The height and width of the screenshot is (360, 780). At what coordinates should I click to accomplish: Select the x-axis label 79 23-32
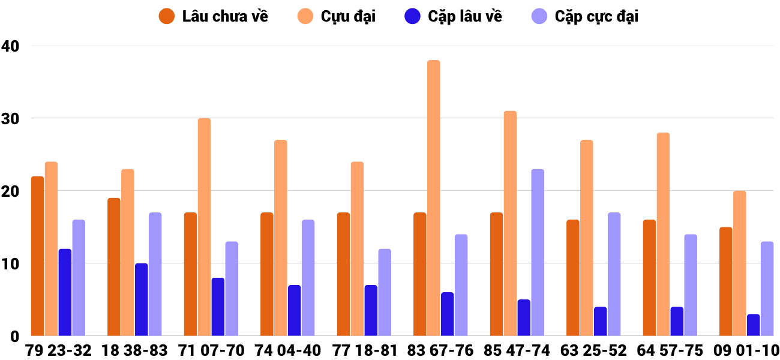coord(58,350)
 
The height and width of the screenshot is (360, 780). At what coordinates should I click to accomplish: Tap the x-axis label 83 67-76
coord(440,350)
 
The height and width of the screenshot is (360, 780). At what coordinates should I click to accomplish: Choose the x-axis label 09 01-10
coord(747,350)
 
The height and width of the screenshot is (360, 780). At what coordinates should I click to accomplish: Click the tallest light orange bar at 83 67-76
coord(434,198)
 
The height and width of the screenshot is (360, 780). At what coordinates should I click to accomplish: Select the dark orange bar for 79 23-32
coord(38,256)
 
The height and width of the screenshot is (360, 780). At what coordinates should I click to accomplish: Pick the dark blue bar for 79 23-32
coord(65,292)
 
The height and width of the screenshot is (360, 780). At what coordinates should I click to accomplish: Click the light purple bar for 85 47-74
coord(538,253)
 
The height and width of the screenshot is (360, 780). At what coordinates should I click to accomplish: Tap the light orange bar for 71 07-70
coord(204,227)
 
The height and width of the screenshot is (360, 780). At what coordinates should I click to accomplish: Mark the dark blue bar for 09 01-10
coord(754,325)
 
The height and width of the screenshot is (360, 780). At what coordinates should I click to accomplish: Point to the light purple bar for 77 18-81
coord(385,292)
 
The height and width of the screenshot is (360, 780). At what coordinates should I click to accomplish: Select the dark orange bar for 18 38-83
coord(114,267)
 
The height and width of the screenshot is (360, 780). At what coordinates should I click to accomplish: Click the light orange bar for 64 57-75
coord(663,234)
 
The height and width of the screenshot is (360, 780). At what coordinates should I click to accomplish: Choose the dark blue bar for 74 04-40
coord(295,310)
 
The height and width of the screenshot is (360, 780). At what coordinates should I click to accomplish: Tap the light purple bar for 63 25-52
coord(614,274)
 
